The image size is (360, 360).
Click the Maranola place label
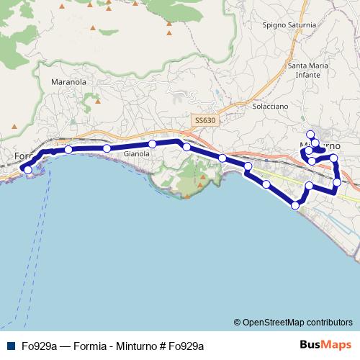tap(69, 82)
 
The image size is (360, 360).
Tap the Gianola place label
tap(137, 154)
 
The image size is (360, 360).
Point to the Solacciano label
tap(271, 106)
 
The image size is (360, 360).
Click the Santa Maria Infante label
tap(309, 70)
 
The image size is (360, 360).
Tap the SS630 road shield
tap(204, 120)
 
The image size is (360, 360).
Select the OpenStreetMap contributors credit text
tap(297, 322)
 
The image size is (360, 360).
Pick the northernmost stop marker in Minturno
tap(310, 134)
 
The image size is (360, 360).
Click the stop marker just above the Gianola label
tap(153, 144)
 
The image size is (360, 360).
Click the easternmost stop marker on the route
tap(337, 182)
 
